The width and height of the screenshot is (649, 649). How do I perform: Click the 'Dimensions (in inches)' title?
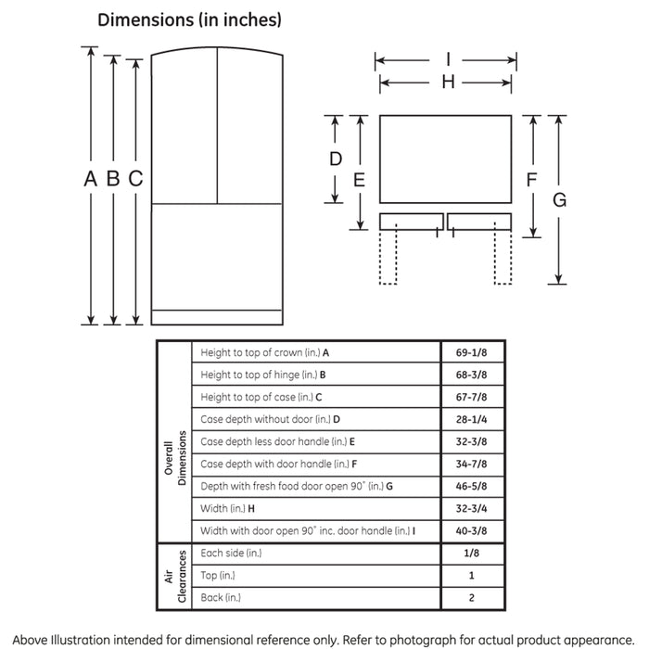[189, 19]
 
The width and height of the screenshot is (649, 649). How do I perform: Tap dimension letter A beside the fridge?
[90, 180]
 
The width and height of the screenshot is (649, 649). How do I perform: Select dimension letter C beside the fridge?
[135, 180]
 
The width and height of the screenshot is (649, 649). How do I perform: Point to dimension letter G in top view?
[559, 199]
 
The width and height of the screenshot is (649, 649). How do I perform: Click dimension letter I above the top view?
[447, 60]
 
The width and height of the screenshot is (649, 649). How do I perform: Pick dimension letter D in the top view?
[336, 159]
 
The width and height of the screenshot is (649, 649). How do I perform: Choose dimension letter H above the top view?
[447, 83]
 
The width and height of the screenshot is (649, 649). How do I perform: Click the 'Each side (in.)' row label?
[231, 554]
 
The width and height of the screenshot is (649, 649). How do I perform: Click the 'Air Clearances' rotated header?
[175, 576]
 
